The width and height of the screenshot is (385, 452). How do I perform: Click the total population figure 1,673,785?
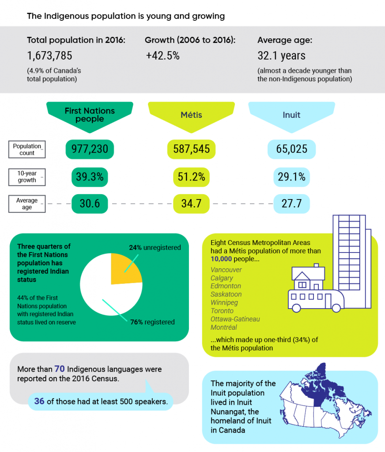tap(49, 56)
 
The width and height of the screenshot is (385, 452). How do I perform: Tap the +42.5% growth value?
tap(162, 56)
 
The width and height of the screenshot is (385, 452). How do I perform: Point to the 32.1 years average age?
tap(281, 56)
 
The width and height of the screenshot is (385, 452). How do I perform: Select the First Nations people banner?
tap(90, 115)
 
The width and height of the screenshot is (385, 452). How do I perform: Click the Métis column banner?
tap(191, 115)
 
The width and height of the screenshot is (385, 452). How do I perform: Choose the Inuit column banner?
tap(291, 115)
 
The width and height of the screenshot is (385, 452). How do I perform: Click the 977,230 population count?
tap(90, 149)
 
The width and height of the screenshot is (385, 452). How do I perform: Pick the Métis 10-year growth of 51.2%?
tap(191, 177)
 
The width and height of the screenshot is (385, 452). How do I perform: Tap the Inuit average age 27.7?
tap(291, 203)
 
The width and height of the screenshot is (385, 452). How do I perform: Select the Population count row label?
tap(27, 150)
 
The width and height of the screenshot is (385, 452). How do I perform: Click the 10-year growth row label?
tap(27, 177)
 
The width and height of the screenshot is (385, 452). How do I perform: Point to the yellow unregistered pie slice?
tap(125, 269)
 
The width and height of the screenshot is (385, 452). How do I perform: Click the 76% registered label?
tap(152, 322)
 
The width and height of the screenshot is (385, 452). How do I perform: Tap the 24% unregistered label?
tap(155, 248)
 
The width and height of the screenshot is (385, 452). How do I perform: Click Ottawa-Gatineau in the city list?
tap(235, 319)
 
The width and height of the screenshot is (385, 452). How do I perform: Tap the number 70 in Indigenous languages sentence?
tap(60, 369)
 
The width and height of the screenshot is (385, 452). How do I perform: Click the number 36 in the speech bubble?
tap(39, 401)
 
